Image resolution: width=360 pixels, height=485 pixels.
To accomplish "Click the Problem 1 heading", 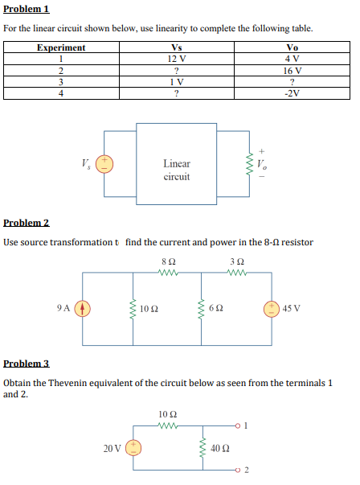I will coord(27,9).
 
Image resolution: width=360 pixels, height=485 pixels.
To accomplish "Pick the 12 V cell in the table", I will coord(177,58).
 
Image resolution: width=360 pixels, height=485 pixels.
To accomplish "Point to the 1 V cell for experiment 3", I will coord(177,81).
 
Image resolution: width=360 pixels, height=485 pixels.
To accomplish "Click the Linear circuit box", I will coord(177,170).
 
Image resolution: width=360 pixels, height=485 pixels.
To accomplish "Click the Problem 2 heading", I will coord(27,222).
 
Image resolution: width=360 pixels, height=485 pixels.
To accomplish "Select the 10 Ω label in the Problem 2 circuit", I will coord(148,309).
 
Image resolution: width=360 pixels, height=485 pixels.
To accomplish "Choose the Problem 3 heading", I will coord(27,364).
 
